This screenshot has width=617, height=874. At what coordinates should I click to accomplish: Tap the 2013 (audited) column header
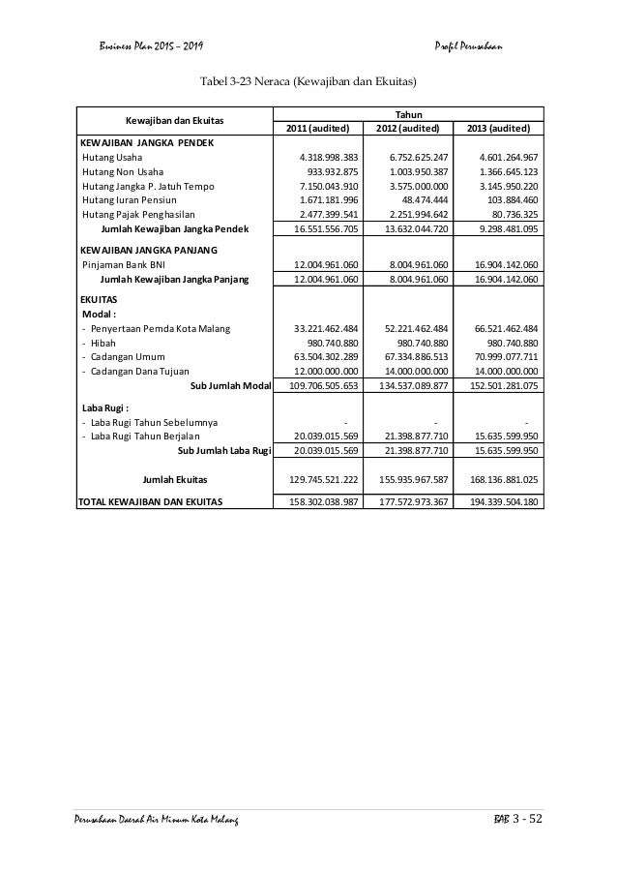[x=498, y=129]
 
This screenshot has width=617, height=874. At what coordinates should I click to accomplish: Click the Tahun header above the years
[x=407, y=114]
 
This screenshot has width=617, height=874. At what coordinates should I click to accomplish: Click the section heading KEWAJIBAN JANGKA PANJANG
[x=148, y=250]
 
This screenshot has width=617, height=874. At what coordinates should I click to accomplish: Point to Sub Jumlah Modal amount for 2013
[x=498, y=386]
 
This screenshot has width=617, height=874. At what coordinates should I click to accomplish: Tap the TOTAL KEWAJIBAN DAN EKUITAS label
[x=151, y=501]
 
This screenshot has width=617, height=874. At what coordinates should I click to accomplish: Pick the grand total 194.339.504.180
[x=498, y=501]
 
